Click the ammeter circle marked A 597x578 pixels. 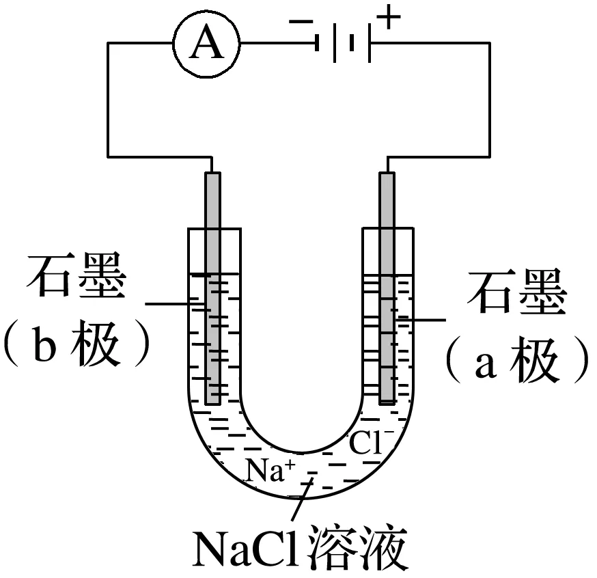(208, 44)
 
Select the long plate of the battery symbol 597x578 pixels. (370, 44)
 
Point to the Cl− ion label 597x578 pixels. (369, 443)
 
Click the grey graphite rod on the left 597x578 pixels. (212, 287)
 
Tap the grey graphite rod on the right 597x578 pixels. (387, 287)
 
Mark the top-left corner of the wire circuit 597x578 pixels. (107, 43)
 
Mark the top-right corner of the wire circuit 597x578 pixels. (489, 43)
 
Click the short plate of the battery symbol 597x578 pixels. (352, 44)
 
